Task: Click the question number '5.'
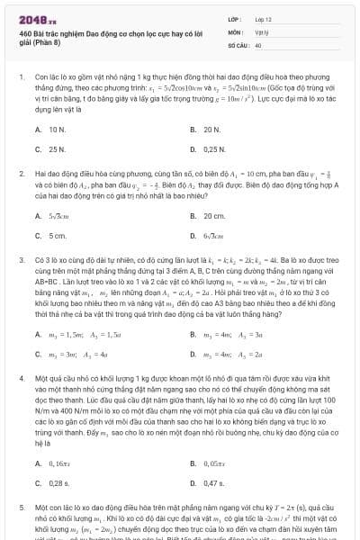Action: [x=21, y=508]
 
